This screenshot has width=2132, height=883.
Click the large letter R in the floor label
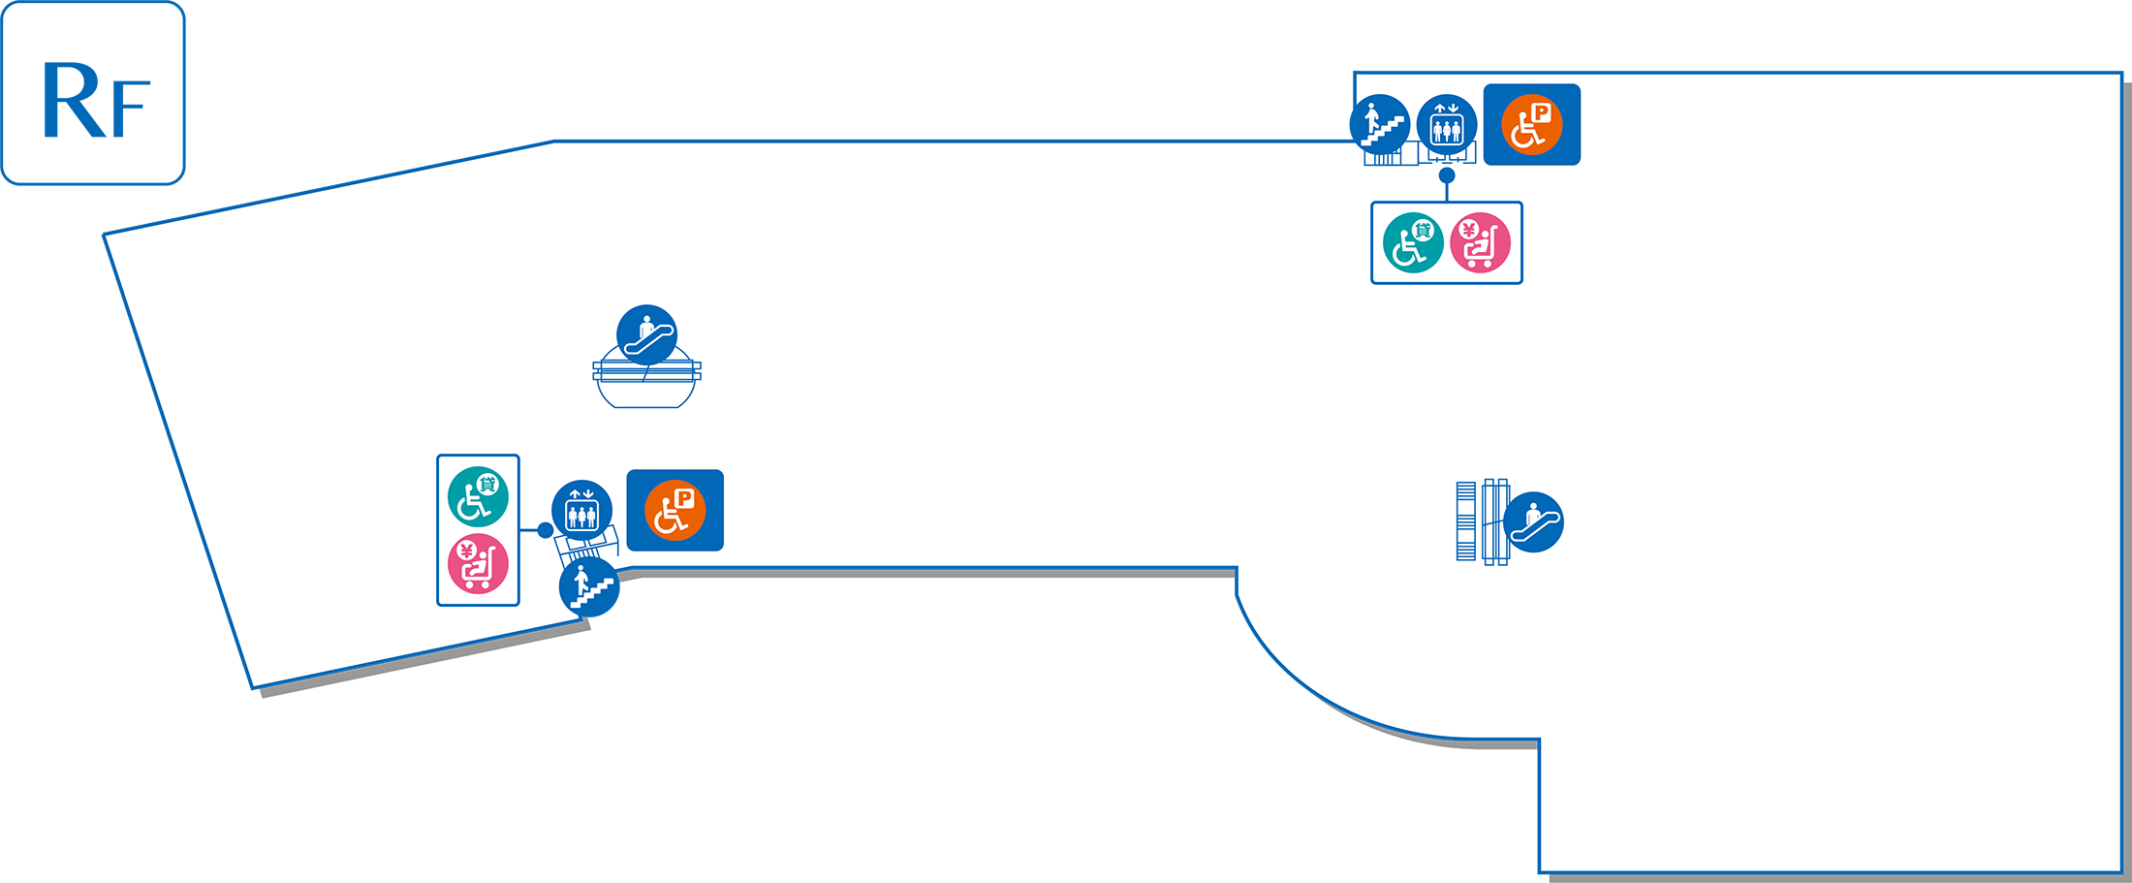[74, 101]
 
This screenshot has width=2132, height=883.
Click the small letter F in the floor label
[131, 109]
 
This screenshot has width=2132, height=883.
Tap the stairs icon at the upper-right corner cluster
[1380, 124]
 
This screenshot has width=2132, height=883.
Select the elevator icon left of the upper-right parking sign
[1447, 125]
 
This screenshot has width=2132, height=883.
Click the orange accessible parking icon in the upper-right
[1532, 125]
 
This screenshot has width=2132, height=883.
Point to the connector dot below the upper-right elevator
[1447, 175]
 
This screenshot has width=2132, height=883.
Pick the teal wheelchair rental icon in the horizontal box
[1413, 242]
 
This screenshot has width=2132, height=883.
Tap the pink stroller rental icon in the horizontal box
[1481, 242]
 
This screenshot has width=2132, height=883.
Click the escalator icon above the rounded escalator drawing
[647, 335]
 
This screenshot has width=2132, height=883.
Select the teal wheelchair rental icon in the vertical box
[478, 496]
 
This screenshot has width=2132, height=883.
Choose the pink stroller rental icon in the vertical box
[478, 564]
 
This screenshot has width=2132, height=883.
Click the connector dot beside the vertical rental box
[546, 530]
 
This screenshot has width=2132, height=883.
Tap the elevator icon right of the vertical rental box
[581, 510]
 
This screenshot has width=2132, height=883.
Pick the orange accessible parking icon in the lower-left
[675, 511]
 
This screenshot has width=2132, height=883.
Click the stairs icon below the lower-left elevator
[589, 587]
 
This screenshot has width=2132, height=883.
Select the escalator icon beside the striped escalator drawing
[1533, 522]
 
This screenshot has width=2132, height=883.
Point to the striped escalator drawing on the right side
[1482, 521]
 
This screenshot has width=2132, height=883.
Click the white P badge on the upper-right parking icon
[1541, 112]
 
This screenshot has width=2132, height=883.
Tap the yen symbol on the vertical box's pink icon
[466, 552]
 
